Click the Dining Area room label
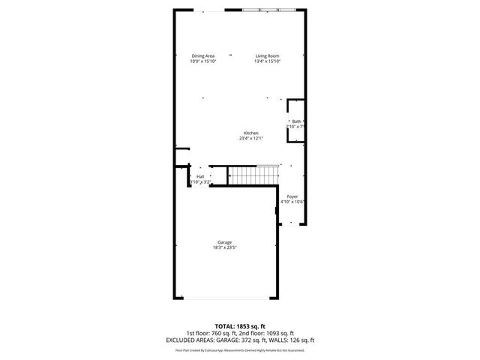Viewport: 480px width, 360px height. (203, 56)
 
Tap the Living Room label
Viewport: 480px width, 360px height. (267, 56)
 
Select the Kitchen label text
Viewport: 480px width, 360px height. (250, 133)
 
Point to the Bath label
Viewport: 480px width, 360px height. (296, 121)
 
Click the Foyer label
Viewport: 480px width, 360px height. (292, 196)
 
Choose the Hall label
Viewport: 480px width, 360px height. (200, 177)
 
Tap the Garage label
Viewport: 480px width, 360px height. (224, 242)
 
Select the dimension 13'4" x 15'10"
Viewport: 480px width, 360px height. (267, 61)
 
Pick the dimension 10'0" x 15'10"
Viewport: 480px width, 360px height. (203, 61)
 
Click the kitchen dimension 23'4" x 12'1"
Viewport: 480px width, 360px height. (250, 138)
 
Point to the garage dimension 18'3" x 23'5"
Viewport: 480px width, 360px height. (224, 247)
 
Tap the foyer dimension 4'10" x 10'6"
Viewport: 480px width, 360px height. (292, 202)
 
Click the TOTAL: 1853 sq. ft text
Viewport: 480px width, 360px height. (239, 327)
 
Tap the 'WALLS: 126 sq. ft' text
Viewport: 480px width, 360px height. (292, 339)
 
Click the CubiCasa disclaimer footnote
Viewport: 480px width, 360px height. (239, 349)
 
